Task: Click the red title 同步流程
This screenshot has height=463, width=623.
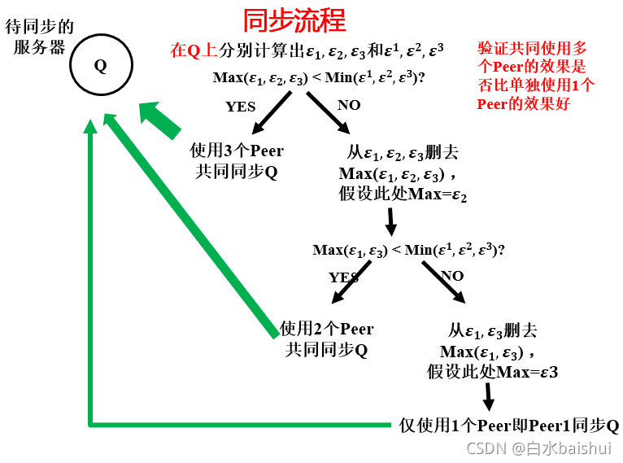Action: (294, 20)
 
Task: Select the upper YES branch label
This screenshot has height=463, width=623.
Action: (240, 106)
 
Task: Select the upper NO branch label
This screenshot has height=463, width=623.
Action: (348, 105)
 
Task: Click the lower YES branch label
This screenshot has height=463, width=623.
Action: (343, 277)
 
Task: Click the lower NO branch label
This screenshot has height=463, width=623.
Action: (452, 276)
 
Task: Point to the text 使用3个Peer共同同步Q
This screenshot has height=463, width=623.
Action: (237, 161)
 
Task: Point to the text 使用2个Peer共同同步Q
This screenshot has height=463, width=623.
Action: (326, 339)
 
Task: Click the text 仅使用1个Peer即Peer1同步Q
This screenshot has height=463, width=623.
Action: (509, 426)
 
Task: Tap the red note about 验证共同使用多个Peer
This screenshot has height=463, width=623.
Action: (536, 76)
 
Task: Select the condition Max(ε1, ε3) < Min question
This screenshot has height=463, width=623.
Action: (408, 250)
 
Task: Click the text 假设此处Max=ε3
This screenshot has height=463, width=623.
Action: (492, 371)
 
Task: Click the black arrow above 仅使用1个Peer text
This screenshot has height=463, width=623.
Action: (489, 396)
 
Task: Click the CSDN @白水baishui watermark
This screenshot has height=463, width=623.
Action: (538, 448)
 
